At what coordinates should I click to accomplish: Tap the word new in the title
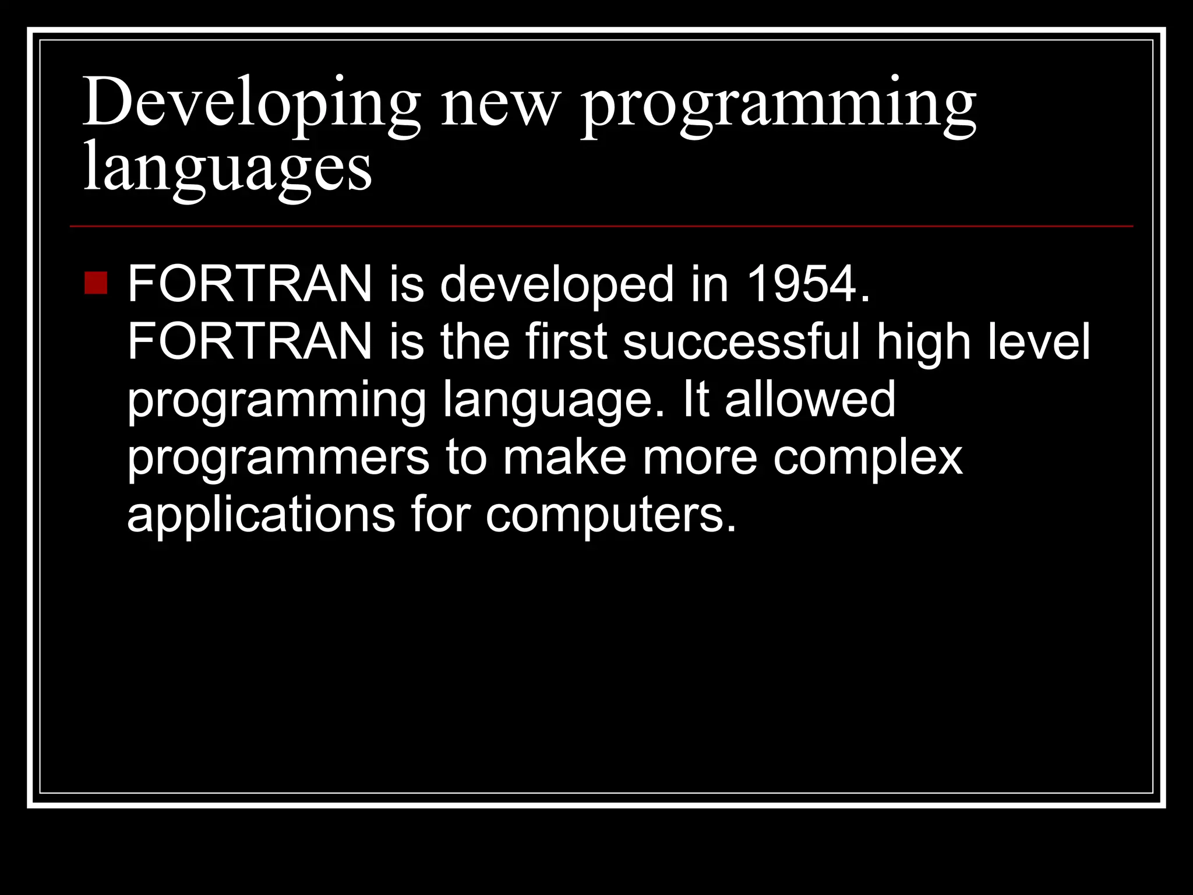click(500, 105)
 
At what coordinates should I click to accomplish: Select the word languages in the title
click(227, 169)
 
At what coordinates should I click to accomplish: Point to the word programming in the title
click(778, 105)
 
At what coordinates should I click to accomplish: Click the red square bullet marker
click(96, 283)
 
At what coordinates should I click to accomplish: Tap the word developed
click(556, 284)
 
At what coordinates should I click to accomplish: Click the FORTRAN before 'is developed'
click(249, 284)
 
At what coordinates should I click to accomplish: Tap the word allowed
click(810, 399)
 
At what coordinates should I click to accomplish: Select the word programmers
click(278, 458)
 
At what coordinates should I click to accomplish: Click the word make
click(564, 457)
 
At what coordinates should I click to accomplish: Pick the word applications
click(261, 515)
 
